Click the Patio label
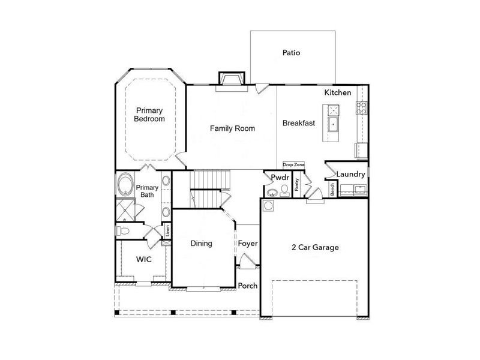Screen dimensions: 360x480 click(x=291, y=53)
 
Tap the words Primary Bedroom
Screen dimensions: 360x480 click(x=149, y=115)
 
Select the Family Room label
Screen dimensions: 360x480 click(x=232, y=128)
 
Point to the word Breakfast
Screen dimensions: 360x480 click(x=299, y=123)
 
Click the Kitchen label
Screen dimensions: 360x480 click(x=337, y=93)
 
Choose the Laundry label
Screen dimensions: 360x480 click(x=351, y=174)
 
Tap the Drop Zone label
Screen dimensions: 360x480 click(x=294, y=164)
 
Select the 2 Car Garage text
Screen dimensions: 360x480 click(x=315, y=247)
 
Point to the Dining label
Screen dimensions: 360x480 click(x=202, y=244)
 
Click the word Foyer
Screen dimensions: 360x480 click(x=248, y=244)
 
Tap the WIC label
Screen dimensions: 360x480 click(x=143, y=259)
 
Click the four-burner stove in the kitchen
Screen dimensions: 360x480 click(x=362, y=108)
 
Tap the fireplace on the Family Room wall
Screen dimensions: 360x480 click(x=232, y=81)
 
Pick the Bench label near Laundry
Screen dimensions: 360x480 click(x=332, y=190)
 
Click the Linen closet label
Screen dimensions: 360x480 click(x=167, y=231)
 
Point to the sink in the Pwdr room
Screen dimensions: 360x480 click(x=272, y=193)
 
